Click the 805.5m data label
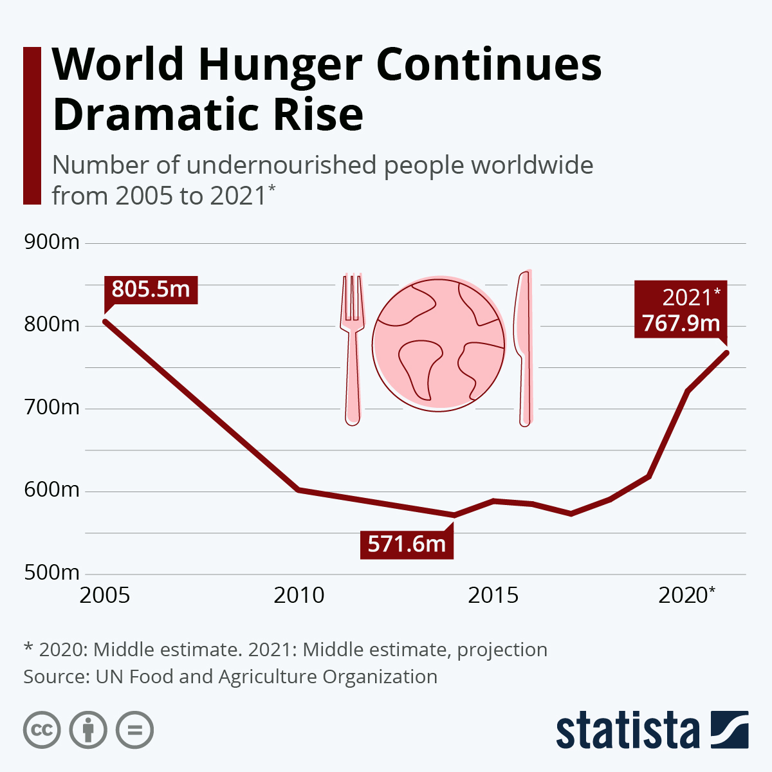point(151,289)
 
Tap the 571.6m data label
point(407,544)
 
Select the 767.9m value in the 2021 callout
point(681,323)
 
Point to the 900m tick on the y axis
point(51,243)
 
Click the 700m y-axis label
point(51,407)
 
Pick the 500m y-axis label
point(51,573)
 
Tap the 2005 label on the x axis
point(105,596)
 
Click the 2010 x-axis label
point(299,596)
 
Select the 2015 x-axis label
point(493,596)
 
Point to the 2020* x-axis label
point(686,596)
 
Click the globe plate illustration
point(439,345)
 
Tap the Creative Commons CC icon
point(42,730)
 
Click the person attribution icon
point(88,730)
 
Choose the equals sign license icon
point(134,730)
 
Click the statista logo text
point(627,731)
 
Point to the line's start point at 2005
point(105,321)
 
